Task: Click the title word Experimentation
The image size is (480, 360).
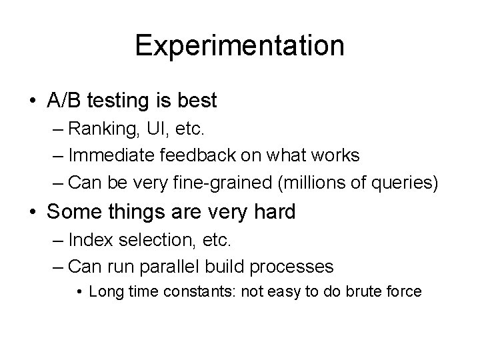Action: [239, 46]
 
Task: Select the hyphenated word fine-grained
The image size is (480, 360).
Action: [217, 182]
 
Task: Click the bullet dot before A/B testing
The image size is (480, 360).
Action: [33, 101]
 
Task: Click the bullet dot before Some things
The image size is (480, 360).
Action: [33, 213]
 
